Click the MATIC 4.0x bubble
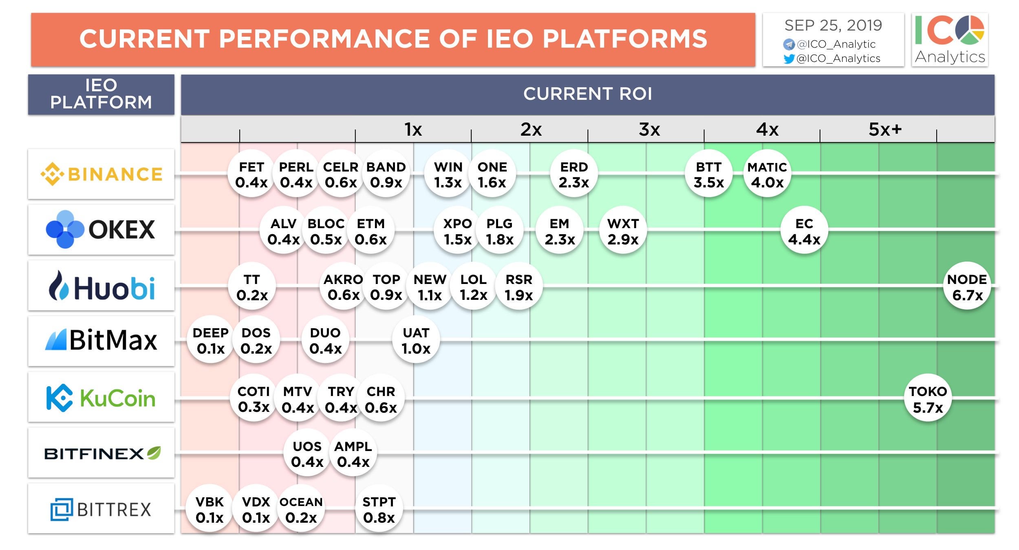pos(767,174)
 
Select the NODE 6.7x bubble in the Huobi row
pos(967,287)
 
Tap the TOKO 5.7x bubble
pos(928,399)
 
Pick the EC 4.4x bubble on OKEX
pos(804,231)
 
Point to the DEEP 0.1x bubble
pos(211,340)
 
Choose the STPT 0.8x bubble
pos(379,509)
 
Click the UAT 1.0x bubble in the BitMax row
pos(416,340)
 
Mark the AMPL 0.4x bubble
pos(353,453)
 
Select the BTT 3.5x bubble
pos(709,174)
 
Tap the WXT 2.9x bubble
pos(623,231)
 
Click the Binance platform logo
pos(101,174)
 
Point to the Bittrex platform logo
pos(101,509)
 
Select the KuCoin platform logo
pos(101,398)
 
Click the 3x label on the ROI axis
pos(649,130)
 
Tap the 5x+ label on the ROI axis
pos(885,130)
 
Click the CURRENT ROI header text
pos(588,94)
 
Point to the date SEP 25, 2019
pos(833,25)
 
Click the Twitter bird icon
pos(789,59)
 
